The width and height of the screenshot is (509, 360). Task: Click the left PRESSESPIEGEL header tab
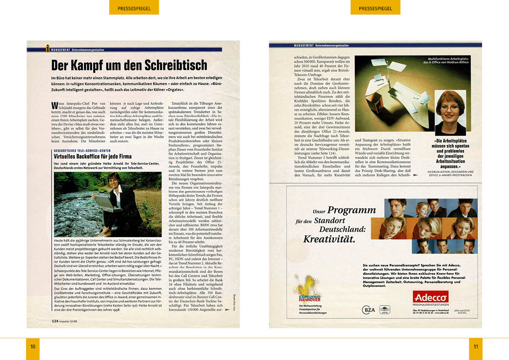(x=134, y=8)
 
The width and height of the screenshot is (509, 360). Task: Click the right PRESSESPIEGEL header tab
(x=375, y=8)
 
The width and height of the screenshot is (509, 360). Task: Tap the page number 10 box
(x=32, y=347)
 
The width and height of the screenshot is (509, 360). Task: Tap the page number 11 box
(x=476, y=347)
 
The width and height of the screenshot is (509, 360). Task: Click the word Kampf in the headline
(x=88, y=65)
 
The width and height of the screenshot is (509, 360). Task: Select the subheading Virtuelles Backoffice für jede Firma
(x=92, y=156)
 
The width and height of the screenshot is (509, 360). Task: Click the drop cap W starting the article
(x=54, y=105)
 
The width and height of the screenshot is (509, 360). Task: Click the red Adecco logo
(x=430, y=297)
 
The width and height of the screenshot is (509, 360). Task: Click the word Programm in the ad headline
(x=351, y=210)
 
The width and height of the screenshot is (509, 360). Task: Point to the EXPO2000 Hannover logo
(x=307, y=292)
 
